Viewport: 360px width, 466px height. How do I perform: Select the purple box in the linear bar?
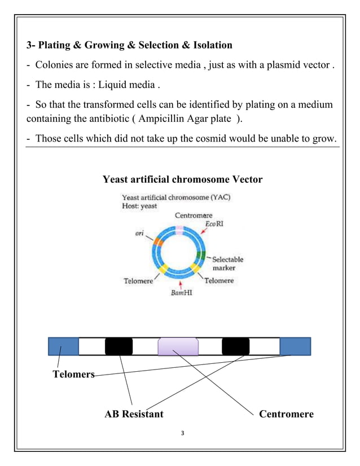point(178,346)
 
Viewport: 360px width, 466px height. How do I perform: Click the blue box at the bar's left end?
point(63,346)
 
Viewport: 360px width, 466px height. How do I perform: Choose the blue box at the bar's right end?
point(295,346)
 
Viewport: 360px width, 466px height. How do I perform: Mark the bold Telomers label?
point(73,375)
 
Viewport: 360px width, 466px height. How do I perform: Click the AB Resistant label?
point(134,415)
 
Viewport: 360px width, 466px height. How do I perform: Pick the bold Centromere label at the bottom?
point(286,415)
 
